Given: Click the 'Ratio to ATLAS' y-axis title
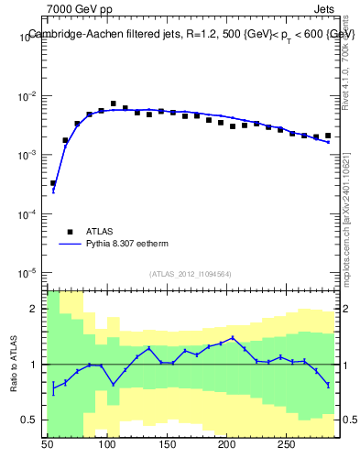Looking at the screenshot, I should (x=13, y=364).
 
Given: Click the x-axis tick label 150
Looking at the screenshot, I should (x=167, y=444).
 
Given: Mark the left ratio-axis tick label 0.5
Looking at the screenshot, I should (x=33, y=420).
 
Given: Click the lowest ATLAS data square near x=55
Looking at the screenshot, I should (x=53, y=183).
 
